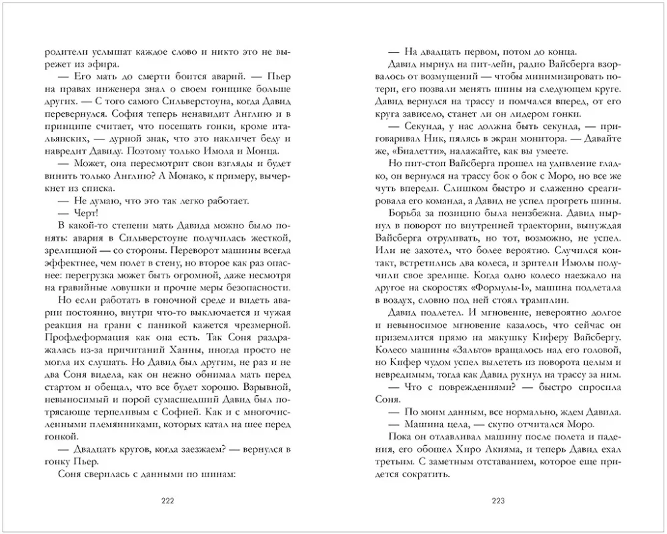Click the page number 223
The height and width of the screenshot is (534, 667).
[499, 503]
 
